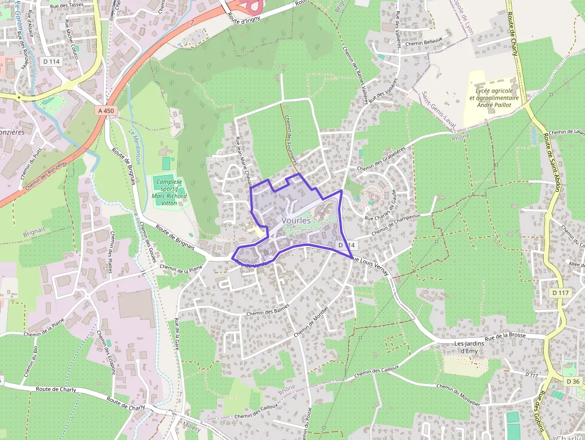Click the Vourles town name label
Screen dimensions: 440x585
[296, 220]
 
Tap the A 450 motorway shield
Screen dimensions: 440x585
[106, 110]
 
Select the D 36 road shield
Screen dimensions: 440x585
[572, 381]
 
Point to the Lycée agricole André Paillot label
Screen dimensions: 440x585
[494, 99]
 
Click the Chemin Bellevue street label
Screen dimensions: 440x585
[423, 42]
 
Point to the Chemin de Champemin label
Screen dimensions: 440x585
[396, 224]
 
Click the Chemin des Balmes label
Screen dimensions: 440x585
[267, 311]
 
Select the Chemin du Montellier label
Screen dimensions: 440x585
[458, 395]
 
